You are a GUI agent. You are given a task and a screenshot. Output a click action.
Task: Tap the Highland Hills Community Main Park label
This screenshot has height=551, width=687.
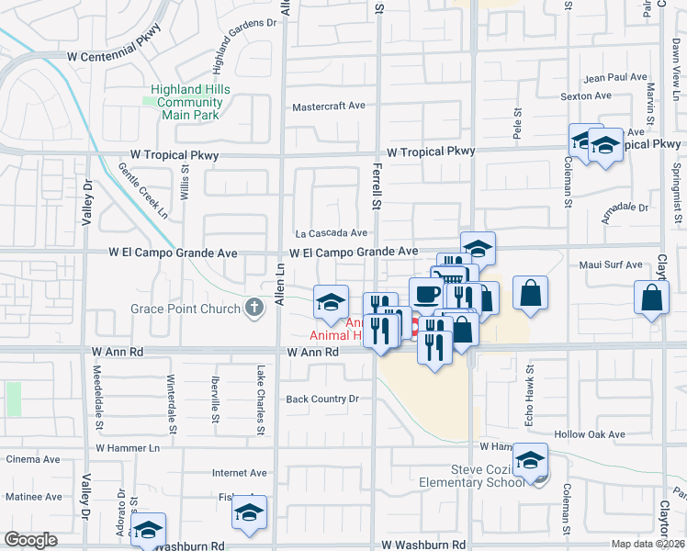click(x=191, y=102)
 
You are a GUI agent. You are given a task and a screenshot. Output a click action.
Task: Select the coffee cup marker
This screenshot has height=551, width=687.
click(x=425, y=294)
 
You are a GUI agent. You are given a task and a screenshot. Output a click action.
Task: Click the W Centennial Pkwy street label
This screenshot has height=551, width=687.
click(x=114, y=56)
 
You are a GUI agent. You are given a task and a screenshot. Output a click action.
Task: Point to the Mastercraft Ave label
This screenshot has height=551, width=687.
click(x=328, y=107)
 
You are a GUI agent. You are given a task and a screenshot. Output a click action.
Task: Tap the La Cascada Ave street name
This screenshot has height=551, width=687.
click(x=331, y=233)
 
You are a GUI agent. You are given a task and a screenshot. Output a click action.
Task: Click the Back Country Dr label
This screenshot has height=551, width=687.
click(x=321, y=399)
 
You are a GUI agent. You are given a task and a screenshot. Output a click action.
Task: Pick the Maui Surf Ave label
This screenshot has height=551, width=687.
click(x=611, y=265)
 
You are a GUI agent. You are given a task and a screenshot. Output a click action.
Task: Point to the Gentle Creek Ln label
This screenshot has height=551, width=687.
click(x=144, y=191)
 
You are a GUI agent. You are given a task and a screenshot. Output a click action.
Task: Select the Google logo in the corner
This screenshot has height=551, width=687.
click(x=30, y=539)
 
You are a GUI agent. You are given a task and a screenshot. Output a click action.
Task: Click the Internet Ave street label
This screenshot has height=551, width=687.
click(x=240, y=474)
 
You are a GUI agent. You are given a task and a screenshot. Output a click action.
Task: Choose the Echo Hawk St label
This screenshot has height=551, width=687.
click(x=530, y=386)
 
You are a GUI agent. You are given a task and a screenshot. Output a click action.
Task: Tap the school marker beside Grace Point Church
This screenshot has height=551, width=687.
click(x=331, y=301)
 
